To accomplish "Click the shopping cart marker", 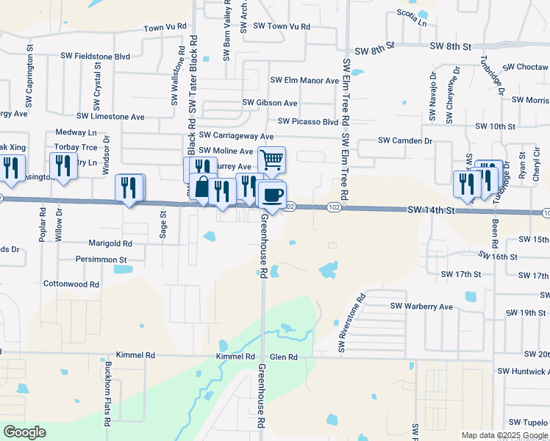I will [271, 159].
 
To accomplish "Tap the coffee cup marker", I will [272, 195].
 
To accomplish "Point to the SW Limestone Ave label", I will [110, 116].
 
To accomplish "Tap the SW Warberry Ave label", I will [421, 306].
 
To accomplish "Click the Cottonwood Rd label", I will [71, 284].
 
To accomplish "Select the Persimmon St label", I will [101, 259].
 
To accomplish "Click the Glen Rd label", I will [283, 356].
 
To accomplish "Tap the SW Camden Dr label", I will [405, 140].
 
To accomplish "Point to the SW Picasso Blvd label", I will [308, 121].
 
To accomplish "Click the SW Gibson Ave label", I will [270, 103].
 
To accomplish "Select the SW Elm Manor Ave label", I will [304, 80].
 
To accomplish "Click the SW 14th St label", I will [431, 210].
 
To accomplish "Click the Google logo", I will [24, 432].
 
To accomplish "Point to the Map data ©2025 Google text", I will [504, 435].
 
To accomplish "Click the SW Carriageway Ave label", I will [236, 136].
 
